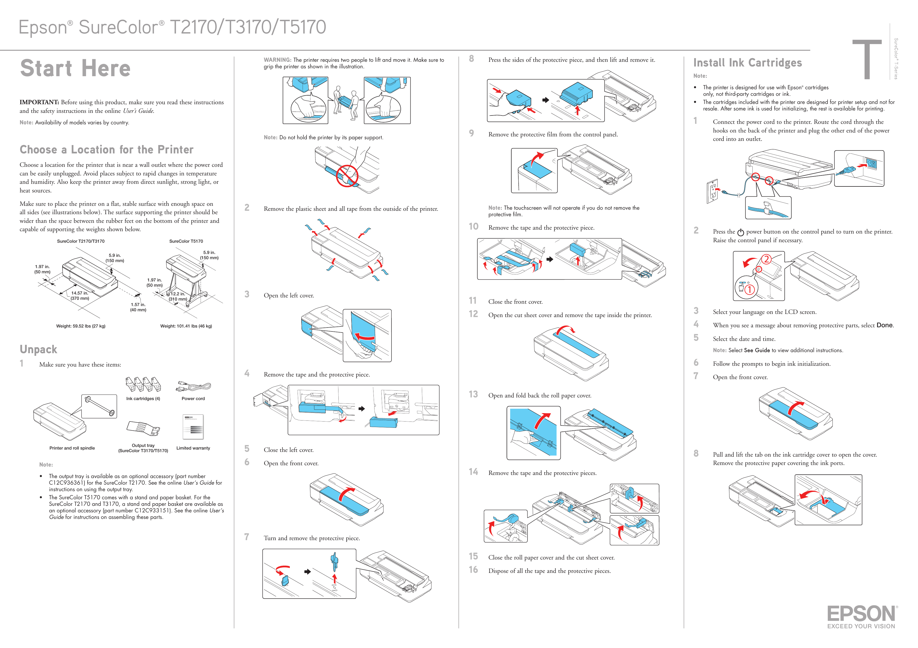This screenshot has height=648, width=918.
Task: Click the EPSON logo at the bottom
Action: pyautogui.click(x=862, y=614)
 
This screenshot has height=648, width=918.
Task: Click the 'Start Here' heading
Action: pyautogui.click(x=76, y=68)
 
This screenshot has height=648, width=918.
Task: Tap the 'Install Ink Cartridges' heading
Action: pyautogui.click(x=747, y=63)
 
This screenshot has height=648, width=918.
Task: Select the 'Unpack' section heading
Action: pyautogui.click(x=38, y=350)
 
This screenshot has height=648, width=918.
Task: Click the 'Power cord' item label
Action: pyautogui.click(x=193, y=399)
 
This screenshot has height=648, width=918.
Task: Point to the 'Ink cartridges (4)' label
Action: pyautogui.click(x=143, y=399)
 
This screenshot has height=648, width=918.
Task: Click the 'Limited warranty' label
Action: pyautogui.click(x=193, y=448)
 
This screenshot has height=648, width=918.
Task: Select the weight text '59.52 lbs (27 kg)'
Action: pyautogui.click(x=81, y=326)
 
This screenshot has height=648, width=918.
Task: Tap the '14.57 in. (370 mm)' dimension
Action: pyautogui.click(x=80, y=296)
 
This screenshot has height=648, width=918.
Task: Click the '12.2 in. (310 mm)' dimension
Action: pyautogui.click(x=178, y=297)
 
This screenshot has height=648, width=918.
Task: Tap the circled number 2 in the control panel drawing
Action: pyautogui.click(x=766, y=259)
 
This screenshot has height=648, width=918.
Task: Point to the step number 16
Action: pyautogui.click(x=473, y=570)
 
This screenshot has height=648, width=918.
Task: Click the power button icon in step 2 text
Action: pyautogui.click(x=740, y=232)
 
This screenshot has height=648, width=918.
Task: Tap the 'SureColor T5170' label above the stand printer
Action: pyautogui.click(x=186, y=241)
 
